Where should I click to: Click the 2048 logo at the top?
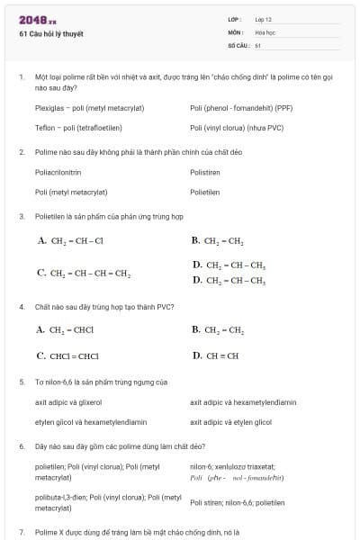coord(38,20)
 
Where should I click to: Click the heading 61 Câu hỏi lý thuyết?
coord(50,34)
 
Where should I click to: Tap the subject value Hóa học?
coord(265,31)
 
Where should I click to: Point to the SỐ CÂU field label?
coord(237,44)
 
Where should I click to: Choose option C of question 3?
coord(84,273)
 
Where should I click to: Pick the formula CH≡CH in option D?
coord(220,355)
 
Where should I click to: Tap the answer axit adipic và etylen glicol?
coord(230,421)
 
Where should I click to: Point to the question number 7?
coord(21,533)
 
